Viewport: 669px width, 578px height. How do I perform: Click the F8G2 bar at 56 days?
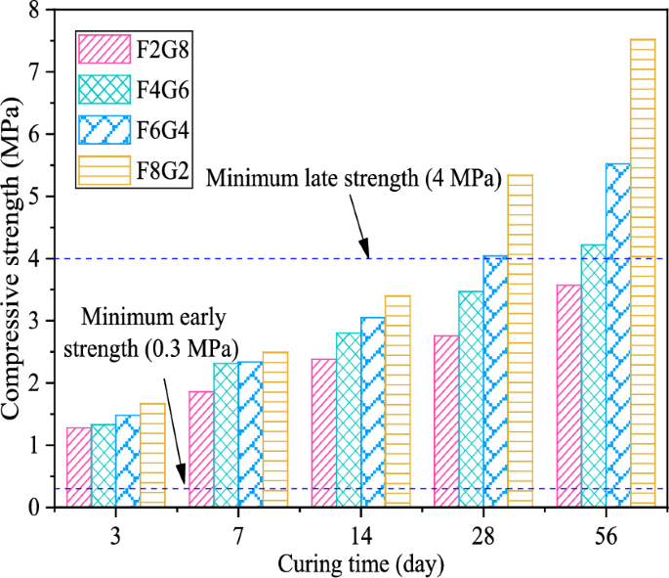tap(642, 273)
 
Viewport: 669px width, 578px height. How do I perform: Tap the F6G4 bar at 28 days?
tap(495, 381)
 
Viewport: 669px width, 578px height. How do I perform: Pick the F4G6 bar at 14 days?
tap(349, 420)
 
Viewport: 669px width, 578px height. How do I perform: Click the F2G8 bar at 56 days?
tap(568, 396)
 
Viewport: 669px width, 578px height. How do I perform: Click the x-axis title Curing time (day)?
tap(360, 564)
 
